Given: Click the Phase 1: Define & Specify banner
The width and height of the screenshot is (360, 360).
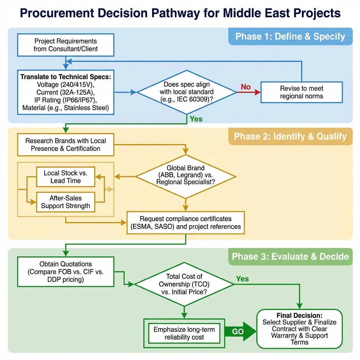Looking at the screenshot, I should (290, 37).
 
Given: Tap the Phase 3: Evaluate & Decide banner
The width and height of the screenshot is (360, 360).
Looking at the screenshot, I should (290, 257).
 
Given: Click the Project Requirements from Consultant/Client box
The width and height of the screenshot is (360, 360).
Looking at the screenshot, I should (65, 45).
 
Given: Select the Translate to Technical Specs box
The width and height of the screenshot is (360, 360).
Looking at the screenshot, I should (65, 92).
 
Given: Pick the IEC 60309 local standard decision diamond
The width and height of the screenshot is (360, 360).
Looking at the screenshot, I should (187, 92).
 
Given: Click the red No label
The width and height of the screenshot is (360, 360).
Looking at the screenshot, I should (246, 86).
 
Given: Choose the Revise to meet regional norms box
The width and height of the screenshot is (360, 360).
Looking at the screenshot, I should (301, 92).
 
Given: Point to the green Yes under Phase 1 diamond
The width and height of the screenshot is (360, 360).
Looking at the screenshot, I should (196, 119).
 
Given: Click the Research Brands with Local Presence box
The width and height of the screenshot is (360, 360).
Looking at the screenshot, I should (65, 144).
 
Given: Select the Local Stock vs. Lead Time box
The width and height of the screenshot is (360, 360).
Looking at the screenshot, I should (65, 177).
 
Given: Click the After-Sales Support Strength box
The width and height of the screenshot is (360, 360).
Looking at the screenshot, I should (65, 202).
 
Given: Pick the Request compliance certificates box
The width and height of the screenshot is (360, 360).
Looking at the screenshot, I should (186, 223).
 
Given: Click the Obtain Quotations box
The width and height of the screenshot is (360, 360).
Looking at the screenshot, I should (65, 272).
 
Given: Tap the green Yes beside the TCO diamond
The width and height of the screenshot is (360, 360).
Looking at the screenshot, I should (242, 279).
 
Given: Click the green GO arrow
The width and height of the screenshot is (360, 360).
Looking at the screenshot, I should (240, 332).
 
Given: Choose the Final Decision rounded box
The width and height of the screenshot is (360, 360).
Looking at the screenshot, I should (300, 329).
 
